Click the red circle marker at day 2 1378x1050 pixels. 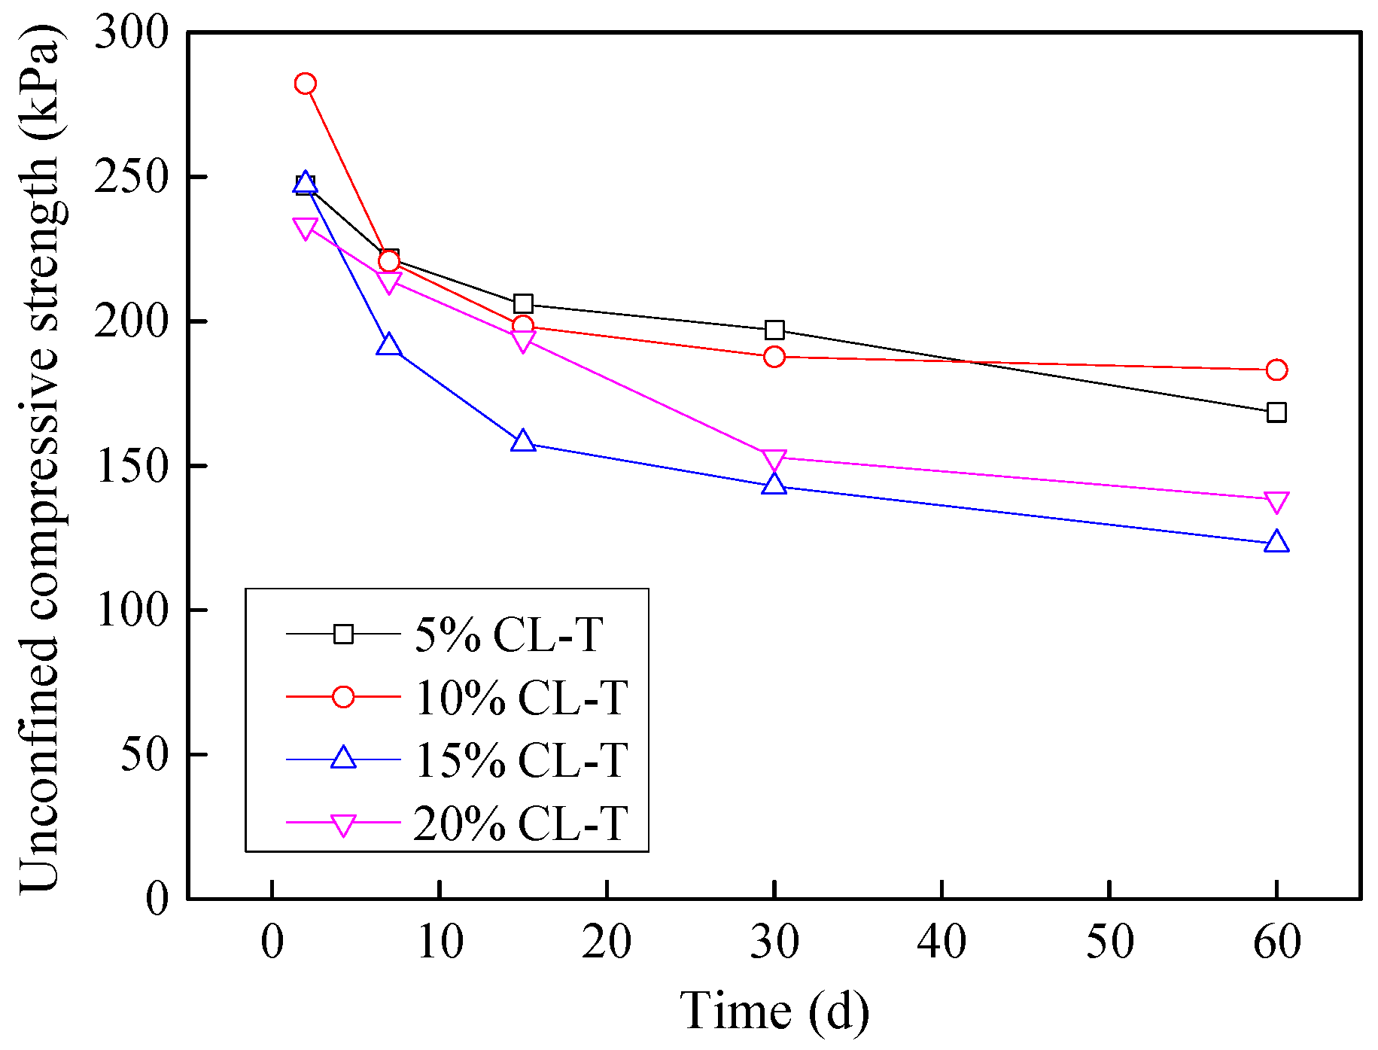tap(305, 84)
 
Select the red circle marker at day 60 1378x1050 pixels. tap(1276, 370)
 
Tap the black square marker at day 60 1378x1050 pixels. tap(1276, 412)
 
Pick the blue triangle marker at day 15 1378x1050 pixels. tap(523, 442)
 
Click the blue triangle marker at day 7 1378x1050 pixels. tap(388, 346)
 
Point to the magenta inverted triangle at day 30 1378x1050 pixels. tap(774, 459)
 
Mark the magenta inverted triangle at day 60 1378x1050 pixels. tap(1276, 501)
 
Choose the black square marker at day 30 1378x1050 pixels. tap(774, 330)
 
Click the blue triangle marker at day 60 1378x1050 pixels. tap(1276, 542)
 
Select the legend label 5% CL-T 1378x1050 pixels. tap(509, 635)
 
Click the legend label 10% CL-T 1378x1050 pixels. tap(521, 698)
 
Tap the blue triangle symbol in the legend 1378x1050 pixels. tap(343, 758)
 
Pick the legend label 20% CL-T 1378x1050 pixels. tap(521, 823)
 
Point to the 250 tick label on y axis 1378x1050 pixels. tap(129, 178)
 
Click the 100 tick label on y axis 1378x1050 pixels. tap(129, 610)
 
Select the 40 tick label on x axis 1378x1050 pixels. tap(941, 942)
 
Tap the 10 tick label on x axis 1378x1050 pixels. tap(440, 942)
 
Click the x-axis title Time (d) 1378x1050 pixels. tap(774, 1010)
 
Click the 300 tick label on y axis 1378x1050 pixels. tap(129, 33)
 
